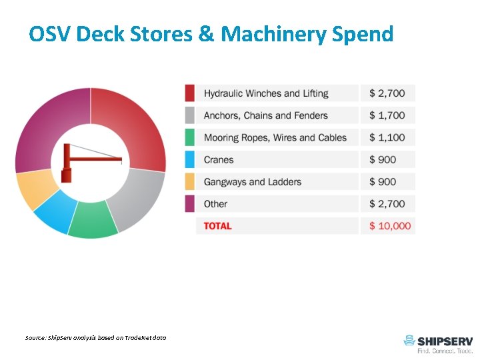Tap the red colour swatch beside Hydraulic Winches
click(x=190, y=93)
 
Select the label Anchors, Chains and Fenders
click(x=265, y=115)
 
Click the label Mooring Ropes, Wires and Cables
click(x=275, y=137)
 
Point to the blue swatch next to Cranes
click(x=190, y=159)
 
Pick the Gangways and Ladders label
click(x=252, y=181)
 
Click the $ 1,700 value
click(x=387, y=115)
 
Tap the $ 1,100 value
click(x=387, y=137)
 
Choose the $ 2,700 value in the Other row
click(x=387, y=203)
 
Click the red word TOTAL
click(x=217, y=226)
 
